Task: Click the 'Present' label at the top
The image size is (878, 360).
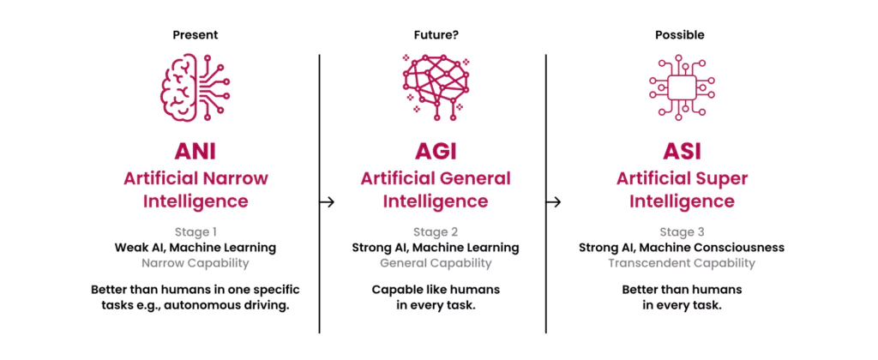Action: (x=195, y=35)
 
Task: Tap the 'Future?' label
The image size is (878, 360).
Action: (x=435, y=35)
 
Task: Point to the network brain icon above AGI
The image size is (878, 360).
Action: (x=435, y=86)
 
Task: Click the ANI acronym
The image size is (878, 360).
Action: (x=195, y=153)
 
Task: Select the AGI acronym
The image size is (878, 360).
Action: (x=435, y=153)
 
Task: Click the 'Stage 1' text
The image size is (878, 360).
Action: (x=195, y=231)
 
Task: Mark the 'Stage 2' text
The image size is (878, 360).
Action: (x=435, y=231)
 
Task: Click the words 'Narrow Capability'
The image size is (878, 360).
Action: (x=195, y=263)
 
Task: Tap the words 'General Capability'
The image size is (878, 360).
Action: (x=435, y=263)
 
